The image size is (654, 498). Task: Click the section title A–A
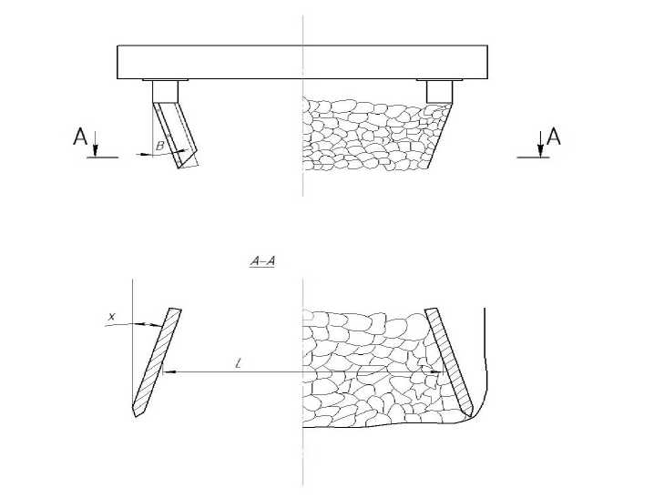[x=262, y=261]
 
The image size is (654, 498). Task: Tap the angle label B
[x=159, y=147]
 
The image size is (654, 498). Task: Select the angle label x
[x=111, y=317]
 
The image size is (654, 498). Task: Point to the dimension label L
[x=238, y=364]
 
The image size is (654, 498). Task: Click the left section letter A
[x=80, y=137]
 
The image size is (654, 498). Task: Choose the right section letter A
[x=554, y=137]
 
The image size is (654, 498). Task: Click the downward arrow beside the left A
[x=96, y=144]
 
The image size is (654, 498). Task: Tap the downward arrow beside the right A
[x=540, y=144]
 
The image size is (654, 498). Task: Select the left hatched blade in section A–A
[x=157, y=361]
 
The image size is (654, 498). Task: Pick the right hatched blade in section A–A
[x=449, y=361]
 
